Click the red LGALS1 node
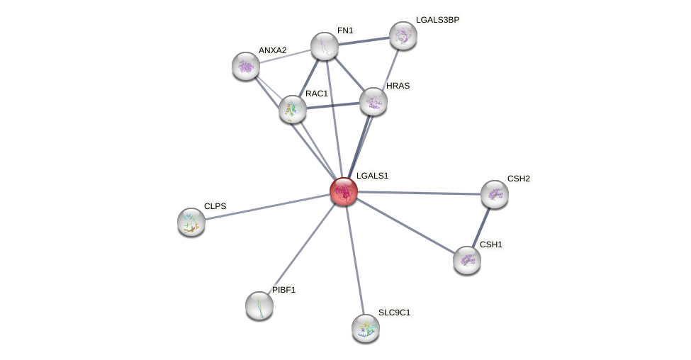point(344,191)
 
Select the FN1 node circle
point(325,46)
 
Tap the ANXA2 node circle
point(246,66)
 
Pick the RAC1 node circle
point(293,109)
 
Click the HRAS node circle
point(373,101)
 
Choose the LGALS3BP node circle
point(403,35)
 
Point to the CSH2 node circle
point(495,194)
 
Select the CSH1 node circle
point(467,260)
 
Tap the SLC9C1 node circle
point(366,328)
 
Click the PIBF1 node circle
point(259,305)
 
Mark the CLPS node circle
point(191,222)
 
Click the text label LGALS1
point(372,176)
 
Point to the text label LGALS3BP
point(437,20)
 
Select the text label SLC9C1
point(394,313)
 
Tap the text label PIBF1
point(284,290)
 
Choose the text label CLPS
point(215,206)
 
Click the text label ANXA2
point(272,50)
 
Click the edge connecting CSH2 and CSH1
point(481,227)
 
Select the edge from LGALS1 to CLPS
point(267,206)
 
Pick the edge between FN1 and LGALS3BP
point(364,41)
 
